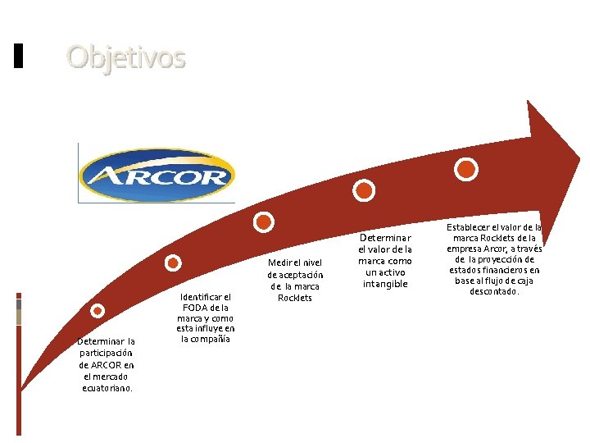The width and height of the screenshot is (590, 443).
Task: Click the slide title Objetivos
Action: [x=126, y=57]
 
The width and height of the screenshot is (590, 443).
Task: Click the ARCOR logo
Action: [x=157, y=173]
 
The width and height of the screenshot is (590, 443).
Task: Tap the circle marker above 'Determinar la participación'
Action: [x=98, y=310]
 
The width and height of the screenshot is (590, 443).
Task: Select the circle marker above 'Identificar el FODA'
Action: [x=173, y=263]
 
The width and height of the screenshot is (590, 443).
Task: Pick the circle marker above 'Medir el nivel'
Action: [x=264, y=221]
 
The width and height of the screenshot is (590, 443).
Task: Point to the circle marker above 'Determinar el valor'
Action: [x=363, y=190]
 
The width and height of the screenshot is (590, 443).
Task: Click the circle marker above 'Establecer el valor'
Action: [x=466, y=170]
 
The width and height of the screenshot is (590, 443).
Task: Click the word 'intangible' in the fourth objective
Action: [x=384, y=284]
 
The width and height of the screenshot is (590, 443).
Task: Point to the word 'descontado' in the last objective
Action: [x=493, y=291]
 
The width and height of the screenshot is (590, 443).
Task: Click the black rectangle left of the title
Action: [x=19, y=56]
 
